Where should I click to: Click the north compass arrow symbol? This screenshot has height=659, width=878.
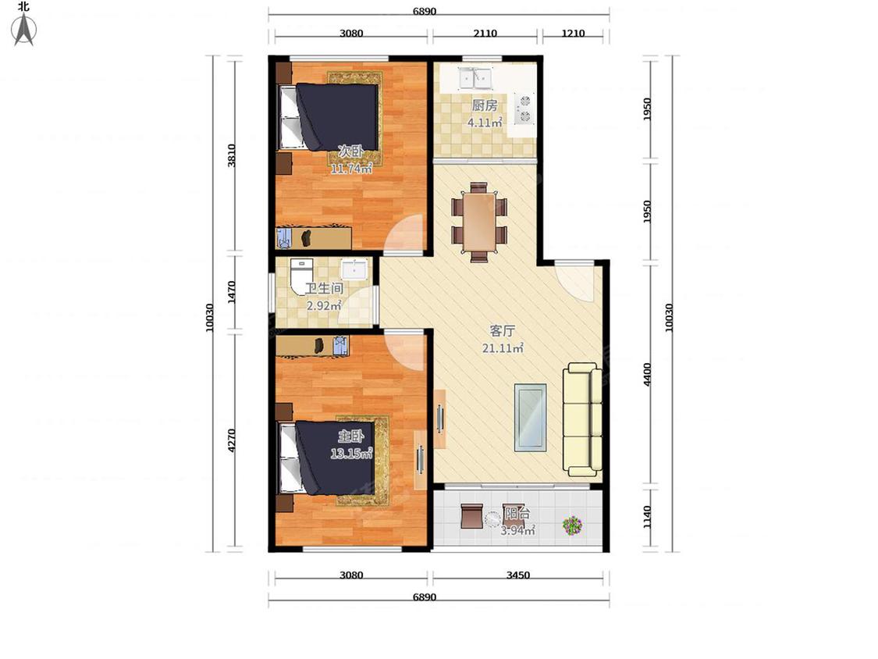24,29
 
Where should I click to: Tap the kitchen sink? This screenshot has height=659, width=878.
475,78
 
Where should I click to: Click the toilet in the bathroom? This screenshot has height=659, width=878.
301,275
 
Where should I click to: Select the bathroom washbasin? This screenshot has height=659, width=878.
354,269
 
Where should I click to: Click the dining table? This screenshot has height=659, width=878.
478,222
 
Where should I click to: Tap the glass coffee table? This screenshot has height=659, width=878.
530,417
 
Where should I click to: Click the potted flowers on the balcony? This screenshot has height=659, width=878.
572,525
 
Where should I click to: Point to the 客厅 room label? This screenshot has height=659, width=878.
503,331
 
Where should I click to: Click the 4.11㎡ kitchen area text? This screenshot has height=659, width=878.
485,122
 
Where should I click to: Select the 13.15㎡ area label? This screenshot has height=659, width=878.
351,453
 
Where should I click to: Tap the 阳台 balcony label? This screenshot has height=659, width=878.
517,513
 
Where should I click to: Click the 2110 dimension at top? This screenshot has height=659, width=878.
485,33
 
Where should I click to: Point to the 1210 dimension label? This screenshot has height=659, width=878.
573,33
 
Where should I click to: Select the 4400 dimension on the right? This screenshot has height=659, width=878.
647,374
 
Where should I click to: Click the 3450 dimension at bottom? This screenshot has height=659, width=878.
518,575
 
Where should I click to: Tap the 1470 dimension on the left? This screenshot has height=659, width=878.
232,292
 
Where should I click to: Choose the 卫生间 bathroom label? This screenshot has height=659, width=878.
324,289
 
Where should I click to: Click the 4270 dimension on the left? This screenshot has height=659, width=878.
232,440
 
